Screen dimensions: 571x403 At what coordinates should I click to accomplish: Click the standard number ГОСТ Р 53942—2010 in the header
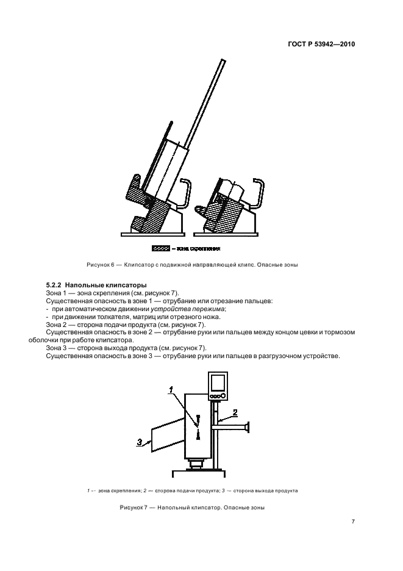pos(321,45)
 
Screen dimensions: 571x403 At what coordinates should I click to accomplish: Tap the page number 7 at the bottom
pos(353,521)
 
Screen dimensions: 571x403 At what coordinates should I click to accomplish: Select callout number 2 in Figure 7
pos(234,412)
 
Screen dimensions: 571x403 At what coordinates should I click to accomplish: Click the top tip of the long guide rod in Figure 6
pos(219,59)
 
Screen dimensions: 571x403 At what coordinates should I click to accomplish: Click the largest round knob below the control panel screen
pos(223,395)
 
